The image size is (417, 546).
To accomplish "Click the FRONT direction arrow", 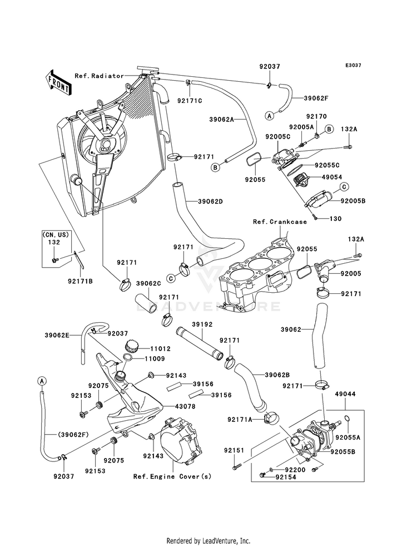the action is (x=58, y=82).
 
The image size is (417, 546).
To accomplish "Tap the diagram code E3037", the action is (x=354, y=65).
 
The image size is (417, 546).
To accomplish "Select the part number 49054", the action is (x=332, y=177).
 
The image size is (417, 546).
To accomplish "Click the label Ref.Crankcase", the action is (x=280, y=222).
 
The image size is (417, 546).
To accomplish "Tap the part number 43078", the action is (x=185, y=406).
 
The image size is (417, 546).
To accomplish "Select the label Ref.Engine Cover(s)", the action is (x=172, y=476).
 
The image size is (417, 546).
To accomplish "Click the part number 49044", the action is (x=345, y=394).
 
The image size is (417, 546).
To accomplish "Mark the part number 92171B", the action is (x=80, y=280).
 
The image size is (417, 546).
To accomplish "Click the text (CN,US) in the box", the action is (x=56, y=235).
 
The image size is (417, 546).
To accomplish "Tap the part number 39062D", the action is (x=210, y=201).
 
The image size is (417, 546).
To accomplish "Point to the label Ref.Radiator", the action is (x=99, y=76).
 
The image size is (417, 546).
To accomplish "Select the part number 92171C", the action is (x=190, y=101).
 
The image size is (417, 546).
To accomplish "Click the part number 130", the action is (x=335, y=219).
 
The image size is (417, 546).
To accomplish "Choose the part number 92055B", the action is (x=342, y=452).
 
